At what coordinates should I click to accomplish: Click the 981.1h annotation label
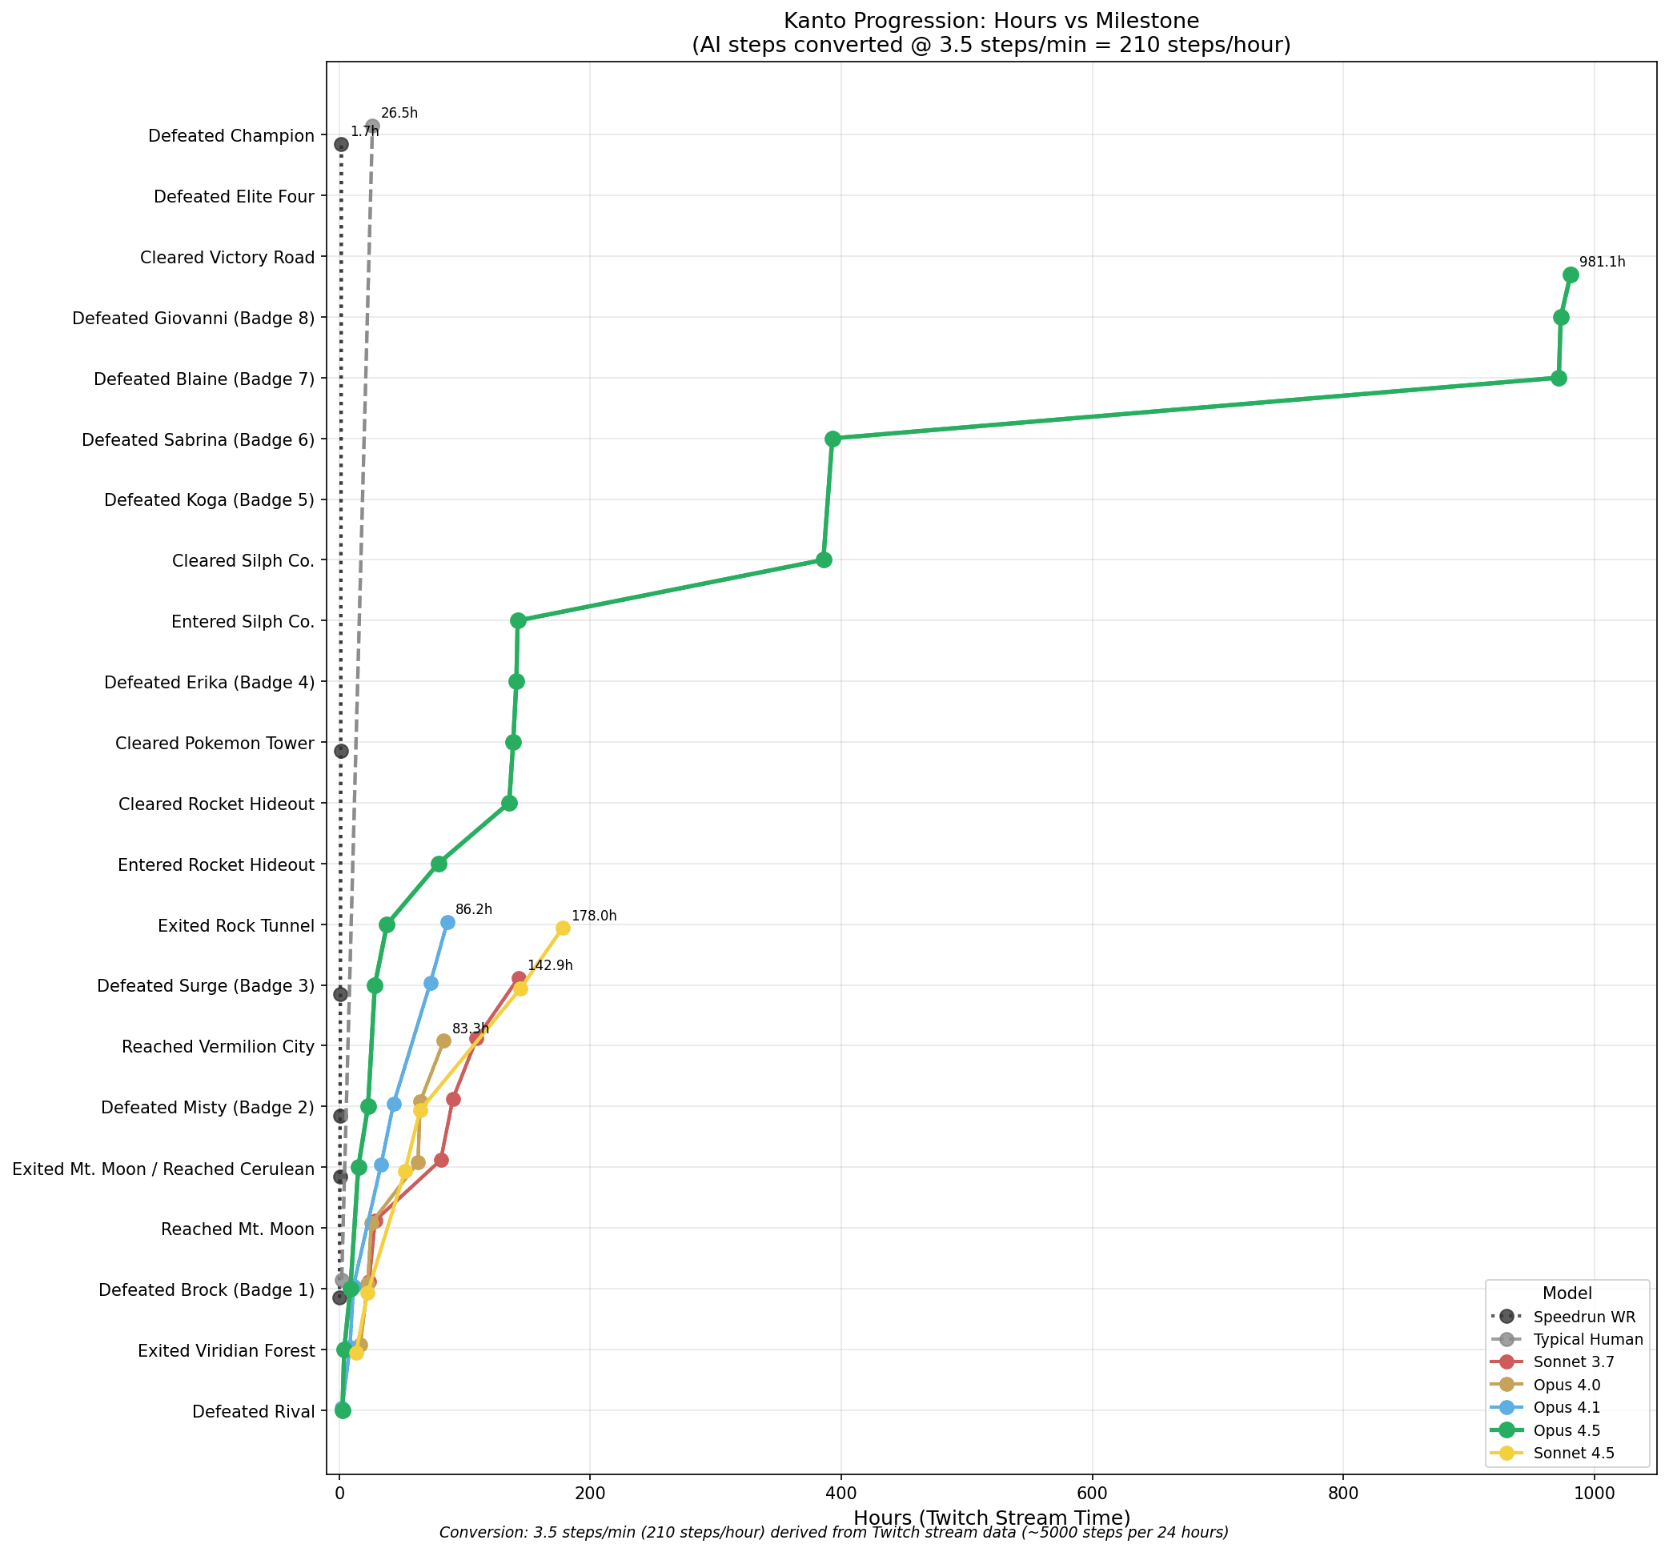(x=1602, y=262)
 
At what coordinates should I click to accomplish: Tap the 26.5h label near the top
(x=399, y=114)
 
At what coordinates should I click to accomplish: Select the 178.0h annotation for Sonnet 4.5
(x=593, y=916)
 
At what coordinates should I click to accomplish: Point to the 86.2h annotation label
(x=474, y=909)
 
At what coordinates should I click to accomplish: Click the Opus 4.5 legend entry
(x=1567, y=1430)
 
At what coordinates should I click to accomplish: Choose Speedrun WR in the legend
(x=1572, y=1317)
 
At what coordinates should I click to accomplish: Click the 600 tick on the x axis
(x=1092, y=1494)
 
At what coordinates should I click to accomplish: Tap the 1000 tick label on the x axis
(x=1594, y=1494)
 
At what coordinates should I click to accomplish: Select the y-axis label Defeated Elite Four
(x=235, y=196)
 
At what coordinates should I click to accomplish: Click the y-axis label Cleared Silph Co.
(x=243, y=561)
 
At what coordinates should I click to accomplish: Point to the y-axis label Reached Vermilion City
(x=219, y=1047)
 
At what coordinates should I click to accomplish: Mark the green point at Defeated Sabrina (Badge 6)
(x=832, y=438)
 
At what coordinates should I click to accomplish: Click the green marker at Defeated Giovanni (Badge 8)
(x=1561, y=317)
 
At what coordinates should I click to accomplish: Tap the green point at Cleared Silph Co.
(x=824, y=559)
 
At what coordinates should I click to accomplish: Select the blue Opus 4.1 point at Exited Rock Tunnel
(x=447, y=922)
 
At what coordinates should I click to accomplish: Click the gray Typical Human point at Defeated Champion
(x=372, y=126)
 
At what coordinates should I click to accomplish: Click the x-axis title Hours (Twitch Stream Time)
(x=992, y=1518)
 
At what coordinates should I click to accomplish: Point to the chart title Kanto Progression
(x=991, y=21)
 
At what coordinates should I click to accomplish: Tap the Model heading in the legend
(x=1567, y=1293)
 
